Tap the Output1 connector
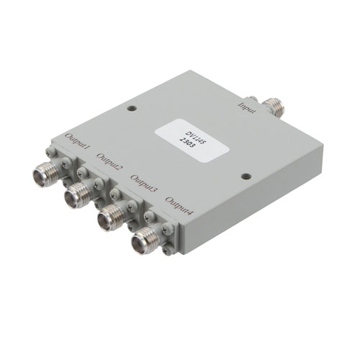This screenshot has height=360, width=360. coord(45,172)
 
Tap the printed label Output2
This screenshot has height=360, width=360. coord(109,163)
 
